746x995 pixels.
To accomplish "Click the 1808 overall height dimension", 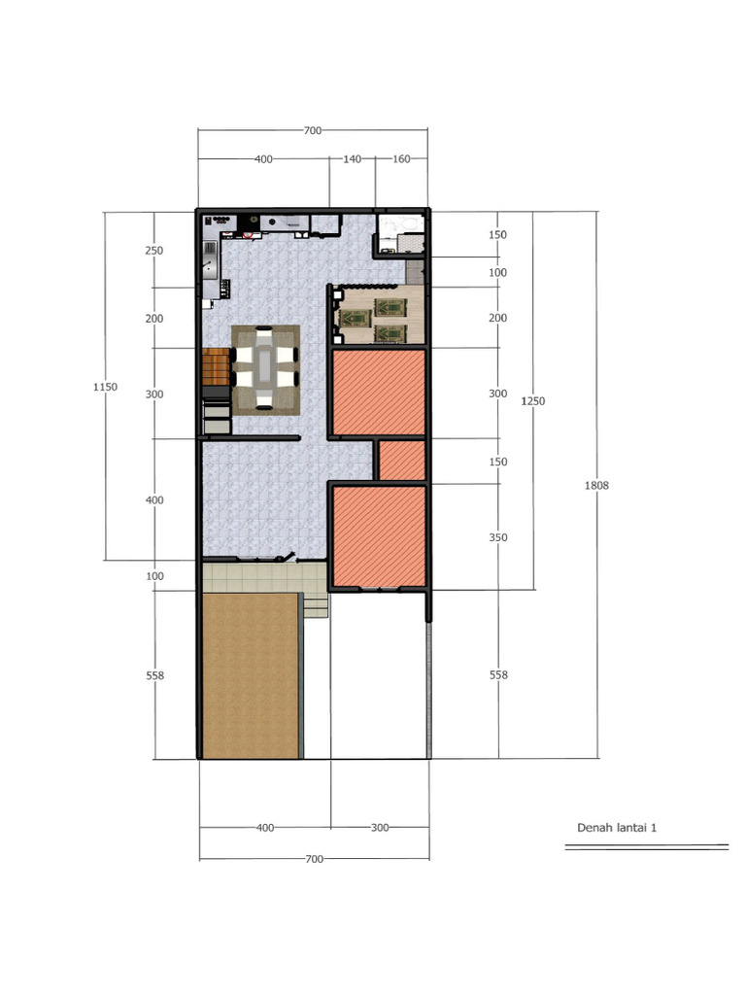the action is point(596,486).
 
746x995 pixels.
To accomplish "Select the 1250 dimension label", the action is point(533,401).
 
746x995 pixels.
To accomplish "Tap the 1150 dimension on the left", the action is point(105,387).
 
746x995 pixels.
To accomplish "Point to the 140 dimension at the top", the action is point(352,158).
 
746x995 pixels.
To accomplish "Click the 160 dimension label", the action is point(401,158).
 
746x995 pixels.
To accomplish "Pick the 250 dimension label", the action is point(154,251).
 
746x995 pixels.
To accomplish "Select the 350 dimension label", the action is point(498,537).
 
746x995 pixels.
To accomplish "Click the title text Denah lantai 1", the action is point(617,828).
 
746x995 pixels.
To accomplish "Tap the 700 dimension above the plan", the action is point(313,131).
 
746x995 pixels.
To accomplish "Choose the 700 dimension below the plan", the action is point(314,859).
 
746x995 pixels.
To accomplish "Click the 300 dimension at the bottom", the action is point(380,828).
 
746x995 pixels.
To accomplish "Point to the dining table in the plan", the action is point(265,369).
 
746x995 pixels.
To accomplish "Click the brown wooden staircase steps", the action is point(216,366).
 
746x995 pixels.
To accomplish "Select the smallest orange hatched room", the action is point(402,461).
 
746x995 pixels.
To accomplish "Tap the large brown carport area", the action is point(251,676).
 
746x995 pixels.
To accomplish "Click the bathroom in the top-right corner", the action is point(401,234).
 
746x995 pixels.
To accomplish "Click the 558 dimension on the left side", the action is point(154,676).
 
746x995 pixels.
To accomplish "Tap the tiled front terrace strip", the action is point(264,577).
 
